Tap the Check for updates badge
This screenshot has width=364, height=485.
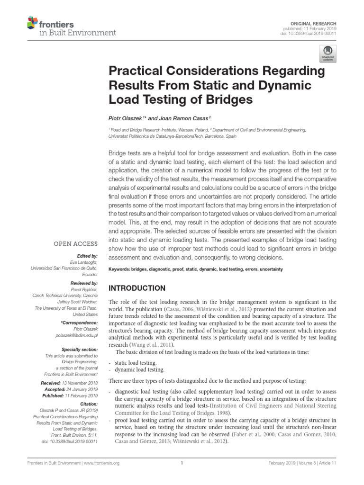pyautogui.click(x=328, y=53)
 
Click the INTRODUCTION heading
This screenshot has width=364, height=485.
pyautogui.click(x=137, y=288)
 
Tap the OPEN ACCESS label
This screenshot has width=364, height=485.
pyautogui.click(x=76, y=244)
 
